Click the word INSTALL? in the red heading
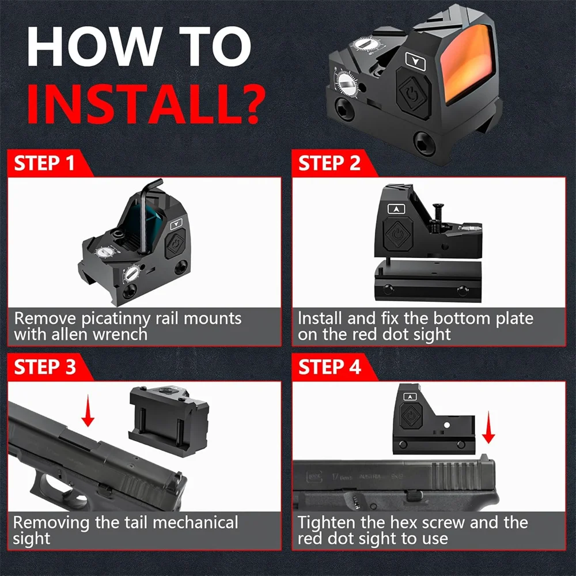[x=146, y=104]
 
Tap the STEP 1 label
[x=44, y=163]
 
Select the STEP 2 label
[x=329, y=163]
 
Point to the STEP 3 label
[x=45, y=367]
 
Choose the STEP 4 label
[x=329, y=367]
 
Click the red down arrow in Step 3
[x=88, y=410]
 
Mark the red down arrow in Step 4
[x=488, y=427]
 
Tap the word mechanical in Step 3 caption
[x=195, y=522]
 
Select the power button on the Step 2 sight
[x=398, y=234]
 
